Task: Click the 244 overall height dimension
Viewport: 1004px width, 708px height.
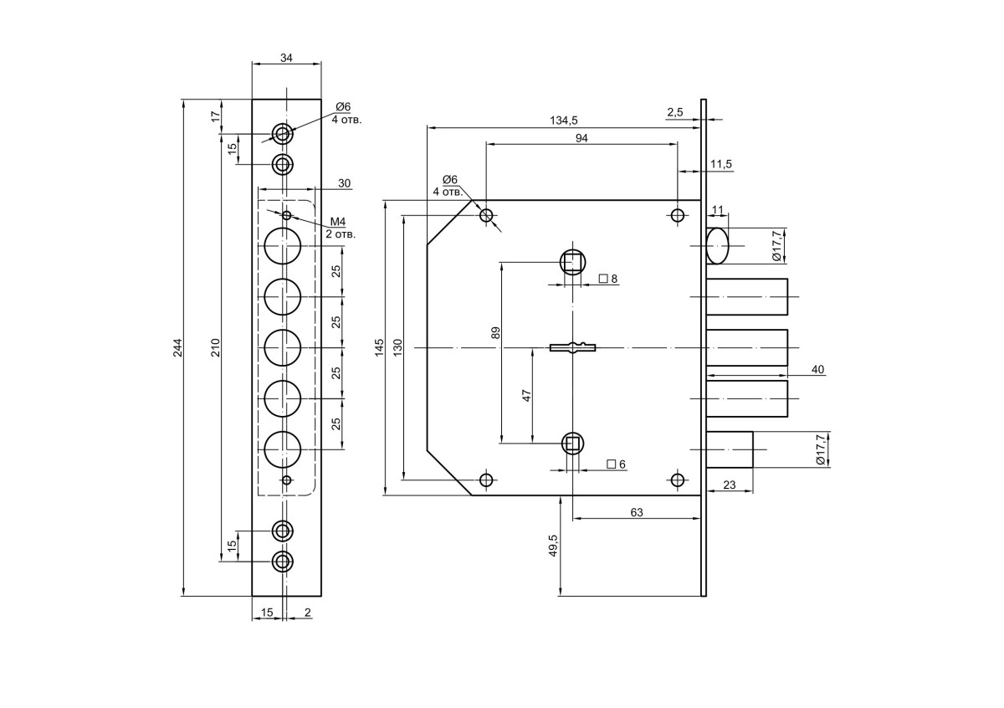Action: pyautogui.click(x=178, y=347)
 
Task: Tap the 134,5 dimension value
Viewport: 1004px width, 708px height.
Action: pyautogui.click(x=563, y=121)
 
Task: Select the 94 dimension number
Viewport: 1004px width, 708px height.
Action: pyautogui.click(x=581, y=138)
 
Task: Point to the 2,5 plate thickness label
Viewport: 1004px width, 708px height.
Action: pyautogui.click(x=674, y=112)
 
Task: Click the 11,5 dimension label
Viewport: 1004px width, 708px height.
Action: pyautogui.click(x=720, y=164)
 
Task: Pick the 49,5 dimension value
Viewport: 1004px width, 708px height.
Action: pyautogui.click(x=553, y=546)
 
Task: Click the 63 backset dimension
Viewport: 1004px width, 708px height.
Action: pyautogui.click(x=637, y=512)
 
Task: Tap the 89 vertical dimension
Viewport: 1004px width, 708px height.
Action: pyautogui.click(x=495, y=333)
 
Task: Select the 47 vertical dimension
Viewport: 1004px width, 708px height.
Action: pyautogui.click(x=526, y=396)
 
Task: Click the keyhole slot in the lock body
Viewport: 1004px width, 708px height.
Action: pyautogui.click(x=573, y=347)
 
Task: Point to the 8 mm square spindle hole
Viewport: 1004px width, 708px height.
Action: pyautogui.click(x=573, y=262)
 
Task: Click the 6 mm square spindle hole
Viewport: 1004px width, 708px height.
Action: pyautogui.click(x=572, y=444)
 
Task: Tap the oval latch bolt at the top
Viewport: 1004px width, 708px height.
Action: pyautogui.click(x=717, y=246)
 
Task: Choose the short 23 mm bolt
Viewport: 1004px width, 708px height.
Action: pyautogui.click(x=730, y=449)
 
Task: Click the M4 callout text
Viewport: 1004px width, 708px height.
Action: pyautogui.click(x=338, y=222)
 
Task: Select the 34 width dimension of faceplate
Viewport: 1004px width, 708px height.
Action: pyautogui.click(x=286, y=58)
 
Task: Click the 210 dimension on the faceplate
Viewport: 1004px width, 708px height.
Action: pyautogui.click(x=216, y=347)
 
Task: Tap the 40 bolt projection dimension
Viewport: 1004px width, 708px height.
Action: pyautogui.click(x=818, y=369)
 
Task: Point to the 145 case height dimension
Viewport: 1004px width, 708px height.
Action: pyautogui.click(x=379, y=347)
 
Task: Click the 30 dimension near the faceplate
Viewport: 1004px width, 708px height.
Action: pyautogui.click(x=344, y=183)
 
